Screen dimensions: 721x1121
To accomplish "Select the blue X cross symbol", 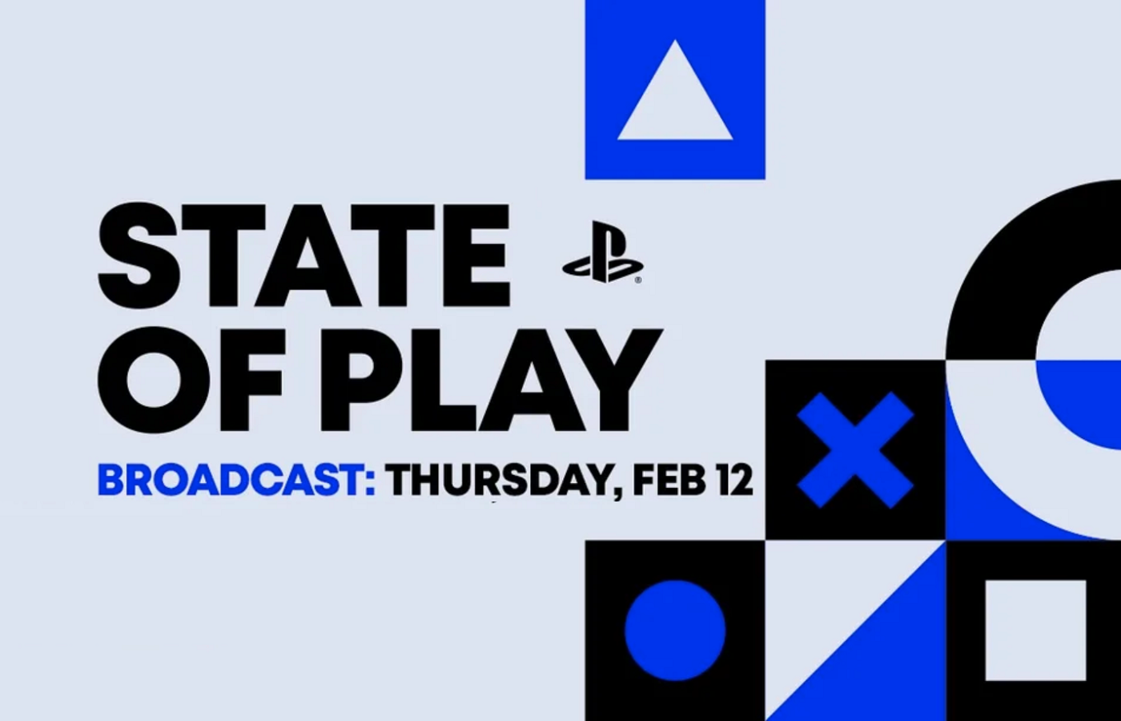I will click(x=855, y=449).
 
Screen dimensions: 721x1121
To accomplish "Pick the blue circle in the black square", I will click(x=675, y=630).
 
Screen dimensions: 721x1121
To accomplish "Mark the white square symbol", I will click(x=1035, y=630).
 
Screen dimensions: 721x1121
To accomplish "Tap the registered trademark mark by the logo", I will click(x=638, y=280).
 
